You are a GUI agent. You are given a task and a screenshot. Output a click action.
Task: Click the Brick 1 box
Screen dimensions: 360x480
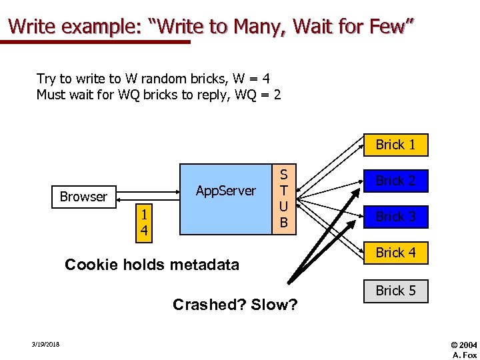pos(395,145)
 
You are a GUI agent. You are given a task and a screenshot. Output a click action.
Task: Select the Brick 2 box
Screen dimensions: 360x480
pos(395,181)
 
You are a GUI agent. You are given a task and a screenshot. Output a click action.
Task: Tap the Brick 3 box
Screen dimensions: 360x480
pos(395,217)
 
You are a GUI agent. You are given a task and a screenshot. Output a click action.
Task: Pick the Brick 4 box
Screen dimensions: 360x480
pos(395,253)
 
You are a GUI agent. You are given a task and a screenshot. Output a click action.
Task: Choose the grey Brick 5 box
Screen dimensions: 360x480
pos(395,290)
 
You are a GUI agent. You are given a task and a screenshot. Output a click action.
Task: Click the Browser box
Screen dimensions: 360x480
pos(83,197)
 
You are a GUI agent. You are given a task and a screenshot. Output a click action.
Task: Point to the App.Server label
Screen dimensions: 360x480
pos(226,191)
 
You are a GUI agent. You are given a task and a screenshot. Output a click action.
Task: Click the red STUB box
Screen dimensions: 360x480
pos(284,199)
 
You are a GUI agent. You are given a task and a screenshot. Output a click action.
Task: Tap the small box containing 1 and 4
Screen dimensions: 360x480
pos(142,223)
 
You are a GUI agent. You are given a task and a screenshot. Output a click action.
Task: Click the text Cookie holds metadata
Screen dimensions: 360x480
pos(151,265)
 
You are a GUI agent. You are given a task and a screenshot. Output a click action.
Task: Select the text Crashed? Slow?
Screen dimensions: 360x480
pos(235,305)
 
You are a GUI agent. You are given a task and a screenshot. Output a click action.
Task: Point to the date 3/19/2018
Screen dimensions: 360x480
pos(45,344)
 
